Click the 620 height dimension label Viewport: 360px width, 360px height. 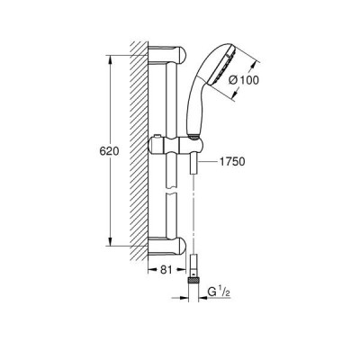109,151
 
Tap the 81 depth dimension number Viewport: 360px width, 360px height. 166,270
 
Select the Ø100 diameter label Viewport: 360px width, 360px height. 243,80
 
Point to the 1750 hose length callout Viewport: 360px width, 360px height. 232,162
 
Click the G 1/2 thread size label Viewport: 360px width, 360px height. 219,292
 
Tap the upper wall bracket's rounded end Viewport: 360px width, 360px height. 181,55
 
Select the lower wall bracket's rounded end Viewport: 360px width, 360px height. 181,246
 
